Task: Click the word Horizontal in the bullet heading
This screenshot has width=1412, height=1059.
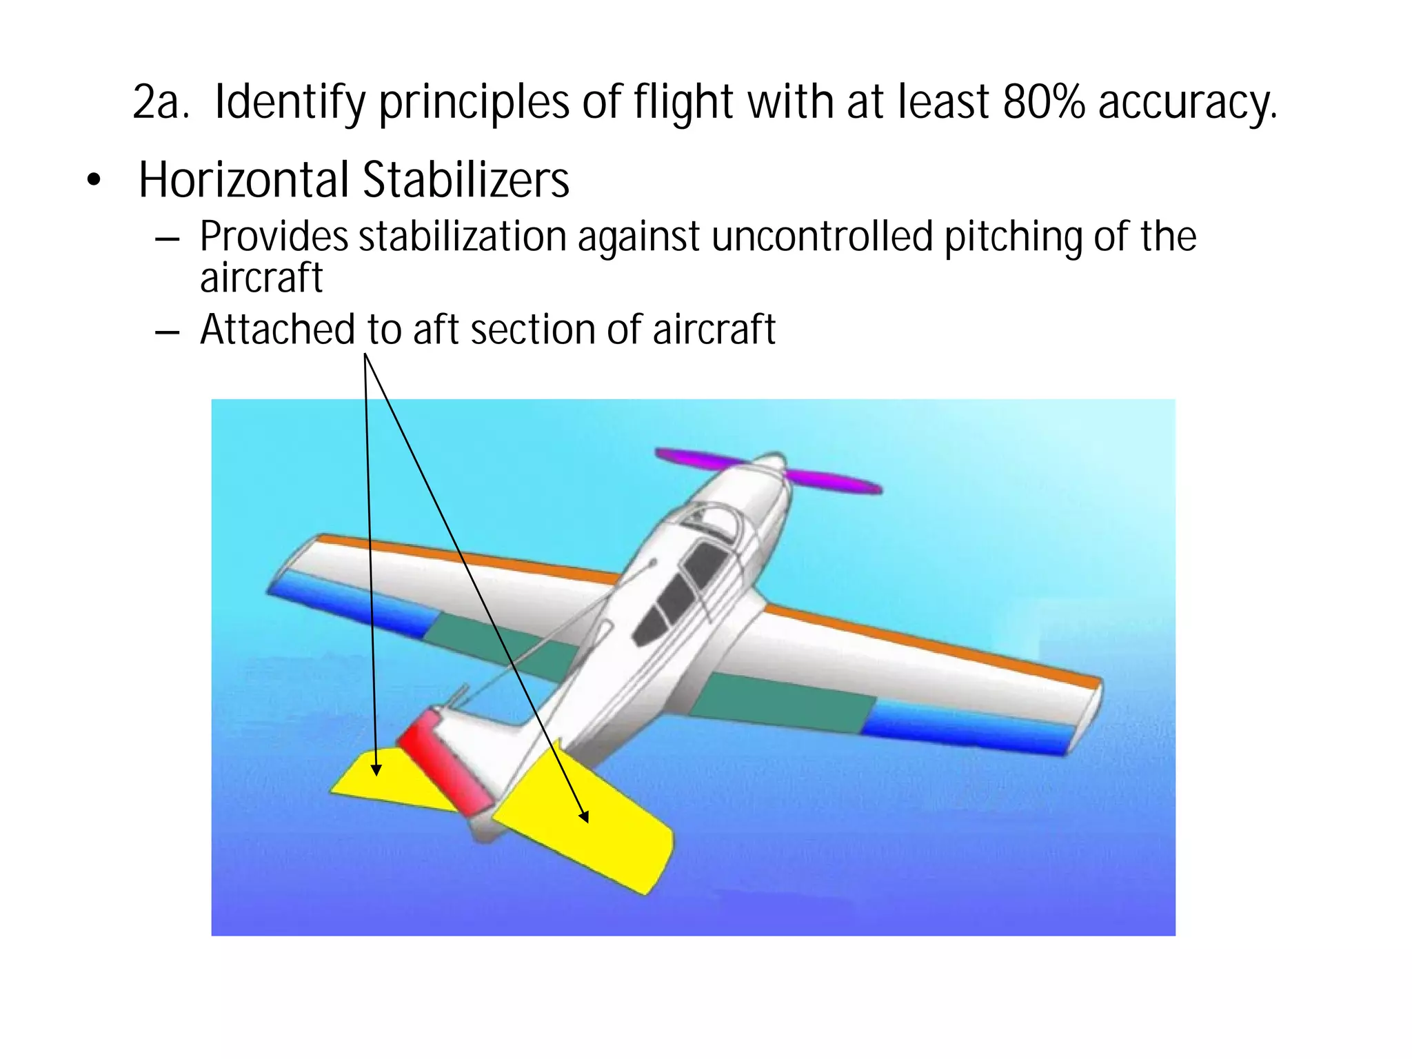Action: [244, 181]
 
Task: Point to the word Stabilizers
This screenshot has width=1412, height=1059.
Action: [466, 181]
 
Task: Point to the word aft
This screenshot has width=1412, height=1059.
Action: [437, 330]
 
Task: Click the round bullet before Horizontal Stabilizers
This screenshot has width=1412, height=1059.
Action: [94, 181]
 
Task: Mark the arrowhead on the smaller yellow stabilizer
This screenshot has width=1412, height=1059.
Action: [376, 769]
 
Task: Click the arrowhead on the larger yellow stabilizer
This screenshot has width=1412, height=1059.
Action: [585, 818]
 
